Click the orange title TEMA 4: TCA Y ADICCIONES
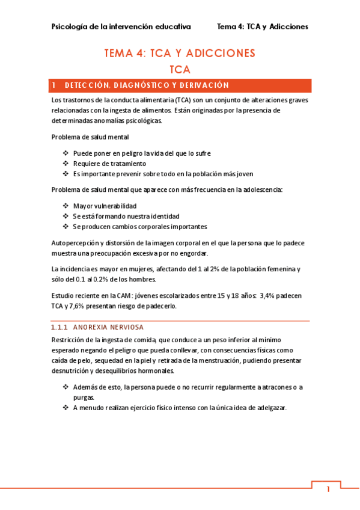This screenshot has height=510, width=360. (180, 54)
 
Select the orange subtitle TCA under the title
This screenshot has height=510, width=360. (180, 69)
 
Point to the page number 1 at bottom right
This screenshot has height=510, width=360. (328, 489)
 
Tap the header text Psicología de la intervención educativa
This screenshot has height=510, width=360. (121, 26)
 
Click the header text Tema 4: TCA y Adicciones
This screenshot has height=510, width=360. (262, 26)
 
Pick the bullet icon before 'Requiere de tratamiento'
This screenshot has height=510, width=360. (66, 164)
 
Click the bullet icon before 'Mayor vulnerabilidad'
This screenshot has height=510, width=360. (66, 206)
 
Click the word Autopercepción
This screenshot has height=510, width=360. (78, 242)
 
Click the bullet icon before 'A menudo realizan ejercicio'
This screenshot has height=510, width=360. (66, 408)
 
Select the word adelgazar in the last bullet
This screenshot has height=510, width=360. (269, 408)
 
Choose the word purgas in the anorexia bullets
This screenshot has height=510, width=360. (84, 398)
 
